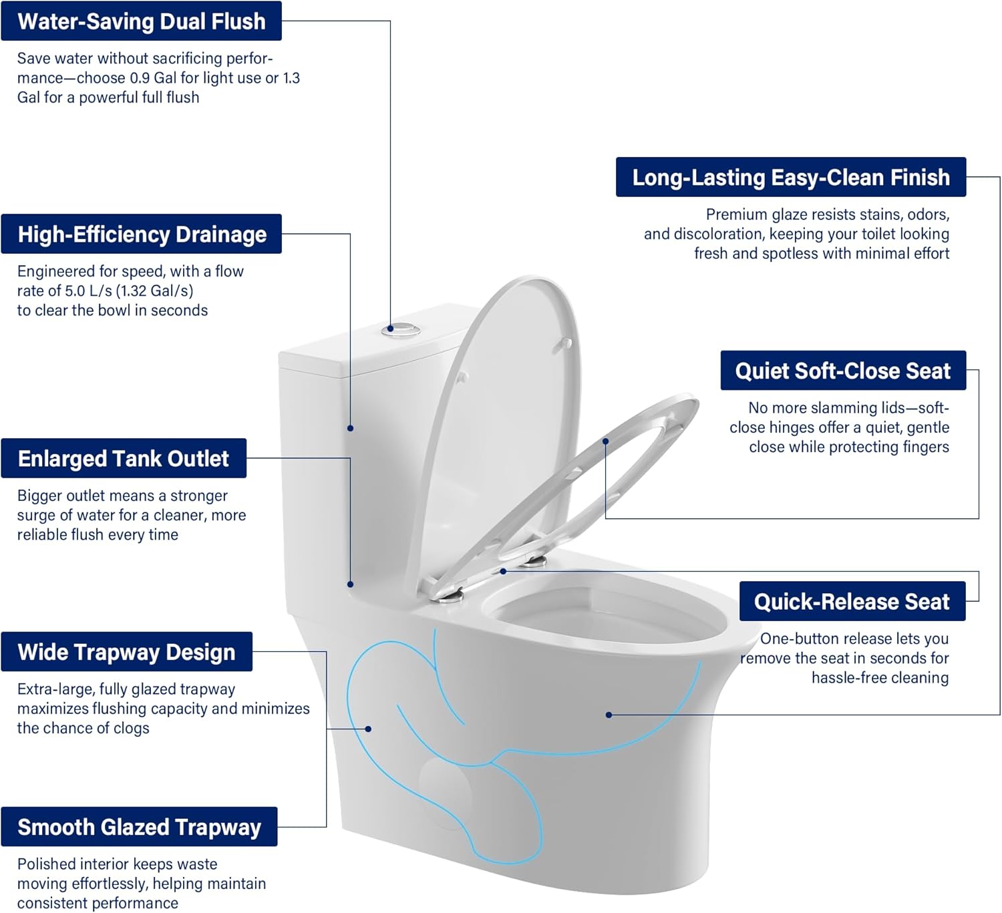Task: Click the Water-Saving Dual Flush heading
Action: pos(141,21)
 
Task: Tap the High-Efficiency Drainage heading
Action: pos(142,234)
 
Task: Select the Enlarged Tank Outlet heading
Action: pos(124,459)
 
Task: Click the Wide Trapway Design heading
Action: pos(126,652)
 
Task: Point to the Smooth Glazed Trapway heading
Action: pos(139,827)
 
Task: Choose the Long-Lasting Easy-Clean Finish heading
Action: pos(790,178)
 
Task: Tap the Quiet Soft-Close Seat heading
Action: pos(842,371)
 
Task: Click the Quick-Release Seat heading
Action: pos(852,602)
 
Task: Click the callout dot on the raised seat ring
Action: pos(605,441)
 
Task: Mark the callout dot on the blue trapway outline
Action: pos(368,729)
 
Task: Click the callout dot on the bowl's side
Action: pos(609,715)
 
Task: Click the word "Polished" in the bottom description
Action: pos(46,864)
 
